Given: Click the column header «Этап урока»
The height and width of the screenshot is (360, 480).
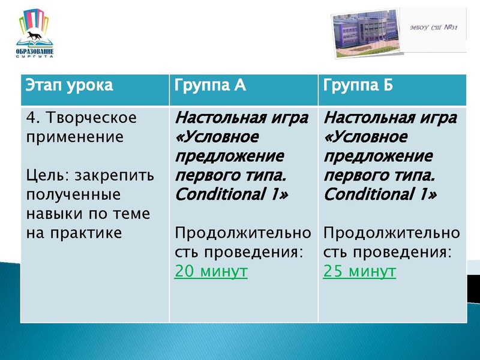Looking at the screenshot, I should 69,85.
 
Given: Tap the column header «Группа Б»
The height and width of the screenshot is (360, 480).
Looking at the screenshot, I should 358,85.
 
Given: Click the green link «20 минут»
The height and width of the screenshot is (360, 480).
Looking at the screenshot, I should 211,272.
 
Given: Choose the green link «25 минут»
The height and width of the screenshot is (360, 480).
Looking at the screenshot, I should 359,272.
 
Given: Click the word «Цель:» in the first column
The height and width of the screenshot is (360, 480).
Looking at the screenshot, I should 48,175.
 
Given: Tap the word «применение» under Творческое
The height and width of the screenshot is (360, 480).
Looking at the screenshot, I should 75,137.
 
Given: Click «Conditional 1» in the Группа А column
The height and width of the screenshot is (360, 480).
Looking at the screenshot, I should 231,195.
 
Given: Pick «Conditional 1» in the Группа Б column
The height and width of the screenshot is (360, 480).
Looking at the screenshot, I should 380,195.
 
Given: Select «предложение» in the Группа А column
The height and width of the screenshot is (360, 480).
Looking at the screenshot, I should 229,157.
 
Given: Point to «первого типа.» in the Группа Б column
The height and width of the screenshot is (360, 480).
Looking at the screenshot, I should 377,176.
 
